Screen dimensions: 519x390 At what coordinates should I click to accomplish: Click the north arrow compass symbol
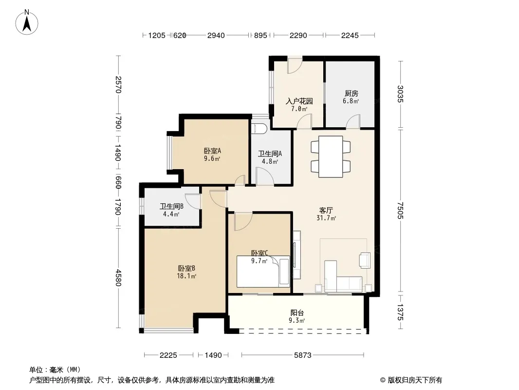click(27, 22)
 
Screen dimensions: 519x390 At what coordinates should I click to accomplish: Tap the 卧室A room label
click(212, 151)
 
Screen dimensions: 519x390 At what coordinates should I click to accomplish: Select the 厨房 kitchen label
click(351, 94)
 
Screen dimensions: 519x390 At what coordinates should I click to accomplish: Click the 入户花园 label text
click(299, 101)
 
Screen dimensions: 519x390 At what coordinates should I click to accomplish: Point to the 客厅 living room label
click(326, 210)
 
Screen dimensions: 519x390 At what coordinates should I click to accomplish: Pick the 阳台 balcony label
click(297, 312)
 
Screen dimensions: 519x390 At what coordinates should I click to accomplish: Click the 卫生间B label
click(171, 206)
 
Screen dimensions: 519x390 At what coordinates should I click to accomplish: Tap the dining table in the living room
click(331, 156)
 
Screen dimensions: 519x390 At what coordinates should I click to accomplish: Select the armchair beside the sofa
click(365, 260)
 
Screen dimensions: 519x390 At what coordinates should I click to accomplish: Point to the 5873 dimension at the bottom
click(302, 355)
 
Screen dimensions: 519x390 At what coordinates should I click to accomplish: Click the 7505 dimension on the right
click(401, 211)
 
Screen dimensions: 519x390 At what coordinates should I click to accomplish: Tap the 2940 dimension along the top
click(216, 35)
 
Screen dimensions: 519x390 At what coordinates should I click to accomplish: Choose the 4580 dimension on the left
click(118, 278)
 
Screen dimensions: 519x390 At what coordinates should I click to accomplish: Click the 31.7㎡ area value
click(326, 218)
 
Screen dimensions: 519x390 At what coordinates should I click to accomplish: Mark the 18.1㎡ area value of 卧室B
click(186, 276)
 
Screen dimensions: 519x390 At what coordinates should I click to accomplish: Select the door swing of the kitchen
click(353, 121)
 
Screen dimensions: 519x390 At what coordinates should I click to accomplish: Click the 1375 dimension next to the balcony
click(401, 312)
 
